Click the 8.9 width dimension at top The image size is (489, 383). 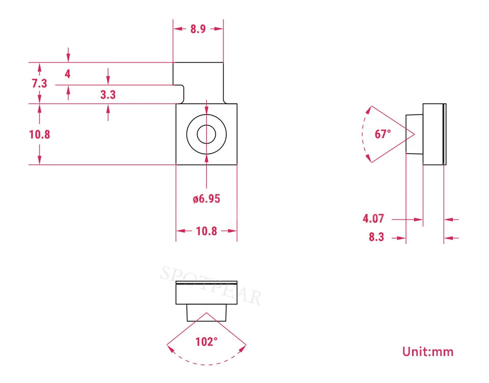point(198,29)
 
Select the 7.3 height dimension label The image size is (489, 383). point(39,84)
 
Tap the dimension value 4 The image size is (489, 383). point(67,74)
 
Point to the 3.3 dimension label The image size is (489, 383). point(108,95)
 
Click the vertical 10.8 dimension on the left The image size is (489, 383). point(40,134)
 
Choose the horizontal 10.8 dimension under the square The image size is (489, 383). point(206,231)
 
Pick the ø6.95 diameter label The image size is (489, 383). point(206,199)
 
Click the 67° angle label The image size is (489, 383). point(383,134)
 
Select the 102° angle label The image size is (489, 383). point(206,342)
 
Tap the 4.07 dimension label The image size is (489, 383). point(373,218)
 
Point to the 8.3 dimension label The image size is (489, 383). point(376,237)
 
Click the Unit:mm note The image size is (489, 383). point(428,351)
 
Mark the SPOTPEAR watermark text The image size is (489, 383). point(211,285)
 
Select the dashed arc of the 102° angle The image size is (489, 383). point(206,364)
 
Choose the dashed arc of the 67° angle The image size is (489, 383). point(362,134)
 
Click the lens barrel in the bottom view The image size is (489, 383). point(206,313)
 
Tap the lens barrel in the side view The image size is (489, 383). point(415,134)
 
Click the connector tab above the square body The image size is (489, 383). point(198,83)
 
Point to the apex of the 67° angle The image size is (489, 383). point(414,134)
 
